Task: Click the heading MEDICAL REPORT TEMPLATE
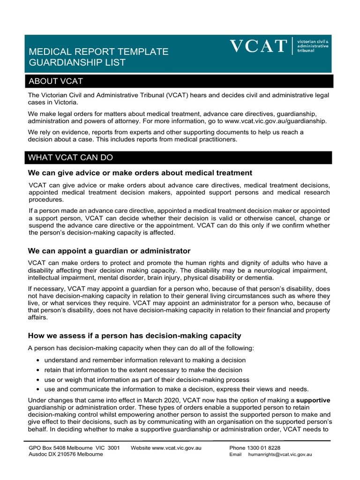(98, 52)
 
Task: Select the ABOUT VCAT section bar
(180, 81)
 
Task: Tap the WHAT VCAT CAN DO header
(180, 157)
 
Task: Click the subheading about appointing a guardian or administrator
(109, 251)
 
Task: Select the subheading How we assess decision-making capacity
(135, 335)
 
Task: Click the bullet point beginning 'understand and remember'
(145, 360)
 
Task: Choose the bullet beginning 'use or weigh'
(147, 380)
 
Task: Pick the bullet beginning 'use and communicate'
(176, 390)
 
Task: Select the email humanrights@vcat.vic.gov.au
(280, 454)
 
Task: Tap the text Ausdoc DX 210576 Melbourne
(66, 454)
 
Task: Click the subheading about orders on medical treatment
(140, 173)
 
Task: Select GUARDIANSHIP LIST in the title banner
(77, 62)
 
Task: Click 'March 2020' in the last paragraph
(171, 400)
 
